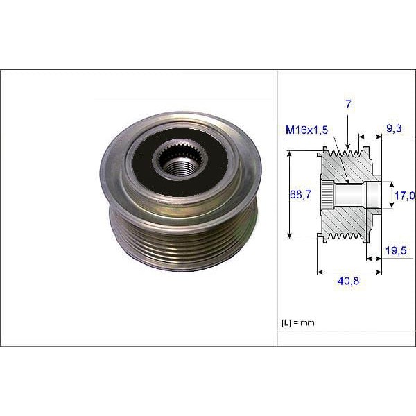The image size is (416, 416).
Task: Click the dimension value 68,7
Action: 300,196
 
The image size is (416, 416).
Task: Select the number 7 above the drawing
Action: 349,104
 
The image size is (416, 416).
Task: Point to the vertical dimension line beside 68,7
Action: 288,196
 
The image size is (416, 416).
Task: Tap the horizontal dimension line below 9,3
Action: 370,137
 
